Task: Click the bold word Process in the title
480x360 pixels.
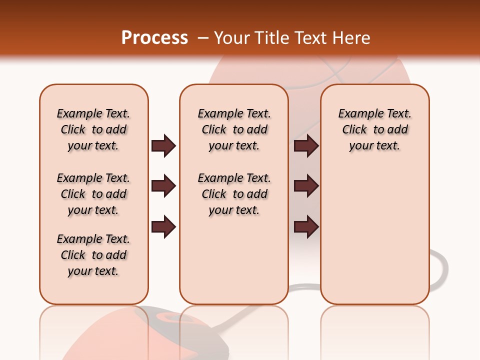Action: [x=154, y=38]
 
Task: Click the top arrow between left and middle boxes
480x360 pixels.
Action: [x=163, y=145]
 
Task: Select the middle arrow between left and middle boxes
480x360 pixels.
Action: [x=163, y=186]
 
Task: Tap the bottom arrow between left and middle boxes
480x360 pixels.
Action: [x=163, y=227]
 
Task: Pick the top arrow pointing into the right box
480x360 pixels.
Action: [x=306, y=145]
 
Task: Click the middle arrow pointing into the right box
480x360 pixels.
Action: [x=306, y=186]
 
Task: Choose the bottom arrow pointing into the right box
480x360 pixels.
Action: [x=306, y=227]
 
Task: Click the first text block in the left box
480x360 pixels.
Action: [x=93, y=129]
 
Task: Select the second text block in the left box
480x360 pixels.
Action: [x=93, y=194]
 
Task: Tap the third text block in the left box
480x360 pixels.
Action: [x=93, y=255]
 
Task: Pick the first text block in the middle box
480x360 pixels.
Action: [x=234, y=129]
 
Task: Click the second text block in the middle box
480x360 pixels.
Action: [x=234, y=194]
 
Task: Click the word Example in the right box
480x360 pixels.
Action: [x=356, y=114]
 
